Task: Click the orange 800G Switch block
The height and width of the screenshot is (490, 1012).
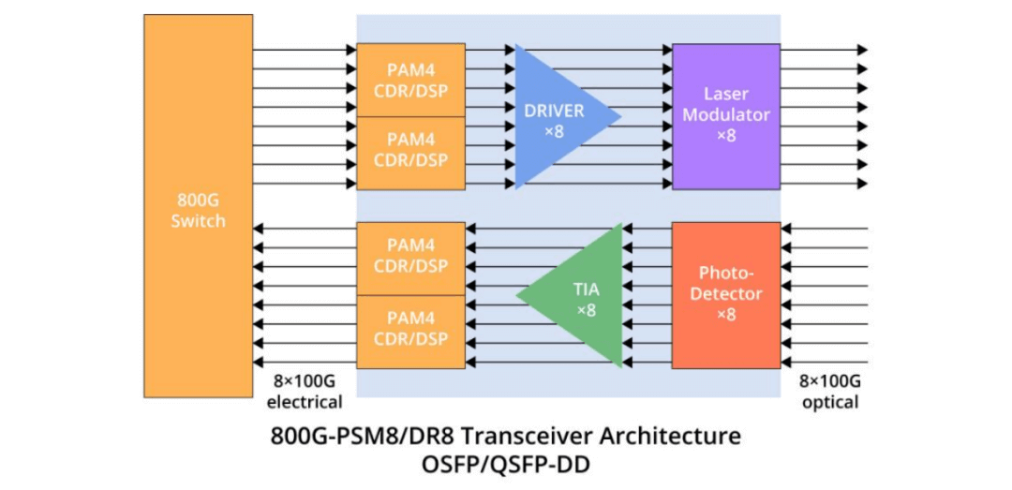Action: pyautogui.click(x=198, y=206)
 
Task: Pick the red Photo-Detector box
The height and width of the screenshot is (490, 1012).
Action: pyautogui.click(x=726, y=293)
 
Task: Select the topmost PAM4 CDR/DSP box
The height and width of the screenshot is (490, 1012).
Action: pyautogui.click(x=410, y=81)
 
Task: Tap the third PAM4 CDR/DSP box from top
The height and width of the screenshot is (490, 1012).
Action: pyautogui.click(x=410, y=258)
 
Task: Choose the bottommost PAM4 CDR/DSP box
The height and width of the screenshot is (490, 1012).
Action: pyautogui.click(x=410, y=329)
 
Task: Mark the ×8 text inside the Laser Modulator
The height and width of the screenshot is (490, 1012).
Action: pyautogui.click(x=726, y=136)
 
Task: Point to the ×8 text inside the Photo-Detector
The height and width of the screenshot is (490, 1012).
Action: pyautogui.click(x=726, y=315)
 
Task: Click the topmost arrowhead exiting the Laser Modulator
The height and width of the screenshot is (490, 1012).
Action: pyautogui.click(x=862, y=51)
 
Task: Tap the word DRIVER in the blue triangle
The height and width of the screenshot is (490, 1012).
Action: pyautogui.click(x=553, y=111)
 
